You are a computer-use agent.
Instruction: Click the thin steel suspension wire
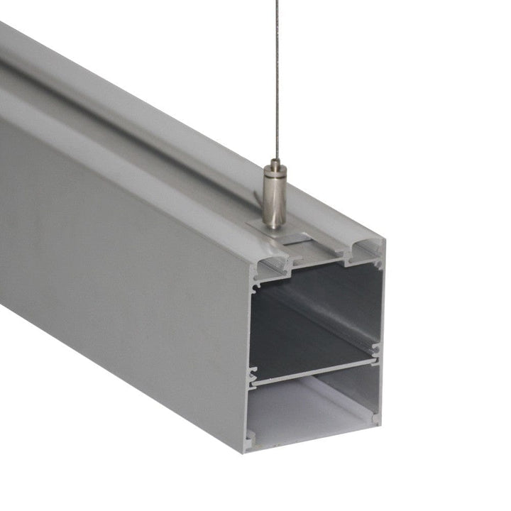[x=275, y=85]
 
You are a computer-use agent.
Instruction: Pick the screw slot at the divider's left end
[x=252, y=377]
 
